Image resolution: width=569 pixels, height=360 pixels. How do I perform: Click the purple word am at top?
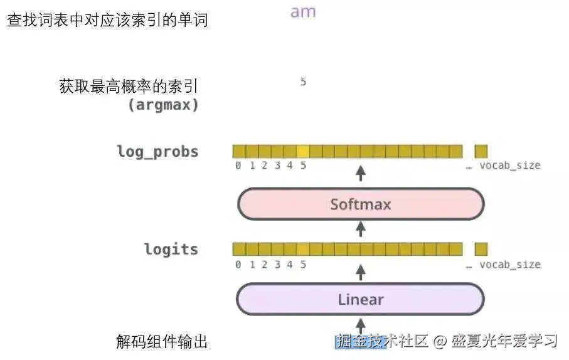tap(303, 12)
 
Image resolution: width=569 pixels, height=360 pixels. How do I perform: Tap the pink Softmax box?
tap(361, 204)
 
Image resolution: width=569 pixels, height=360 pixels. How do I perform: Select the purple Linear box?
tap(361, 299)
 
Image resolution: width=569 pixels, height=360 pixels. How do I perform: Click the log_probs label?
tap(157, 152)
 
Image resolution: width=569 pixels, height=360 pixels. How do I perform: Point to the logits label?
tap(171, 249)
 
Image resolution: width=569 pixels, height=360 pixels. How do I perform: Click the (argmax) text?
tap(163, 105)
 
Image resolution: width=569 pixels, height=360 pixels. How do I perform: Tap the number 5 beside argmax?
tap(303, 82)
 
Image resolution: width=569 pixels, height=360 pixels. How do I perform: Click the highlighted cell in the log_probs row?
tap(303, 151)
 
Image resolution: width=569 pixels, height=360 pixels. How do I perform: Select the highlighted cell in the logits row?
tap(303, 249)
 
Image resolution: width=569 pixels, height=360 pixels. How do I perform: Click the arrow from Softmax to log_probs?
tap(361, 172)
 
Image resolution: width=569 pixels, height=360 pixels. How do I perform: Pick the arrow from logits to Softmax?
tap(361, 229)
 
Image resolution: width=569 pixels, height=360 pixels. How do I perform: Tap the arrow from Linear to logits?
tap(361, 271)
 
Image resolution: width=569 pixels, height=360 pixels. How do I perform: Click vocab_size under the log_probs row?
tap(509, 166)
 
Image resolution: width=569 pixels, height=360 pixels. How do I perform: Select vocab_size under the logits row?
tap(509, 264)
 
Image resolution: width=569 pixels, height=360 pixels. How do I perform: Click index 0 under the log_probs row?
tap(238, 166)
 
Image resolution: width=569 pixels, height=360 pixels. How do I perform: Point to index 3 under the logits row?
tap(277, 264)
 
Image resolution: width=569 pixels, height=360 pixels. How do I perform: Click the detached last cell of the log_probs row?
tap(481, 151)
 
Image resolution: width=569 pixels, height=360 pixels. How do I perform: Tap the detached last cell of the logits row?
tap(481, 249)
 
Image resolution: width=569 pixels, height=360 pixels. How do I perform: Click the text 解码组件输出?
tap(162, 342)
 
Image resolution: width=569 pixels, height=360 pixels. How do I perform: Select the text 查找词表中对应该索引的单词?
tap(107, 20)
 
